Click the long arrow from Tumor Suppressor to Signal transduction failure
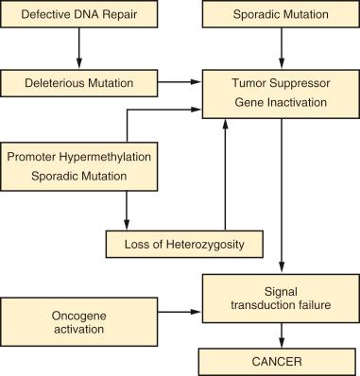tap(281, 194)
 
